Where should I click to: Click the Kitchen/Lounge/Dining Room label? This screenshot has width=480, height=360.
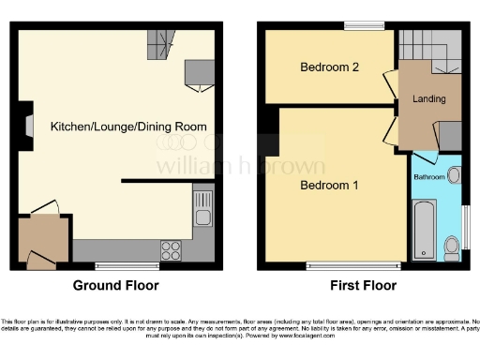pos(128,126)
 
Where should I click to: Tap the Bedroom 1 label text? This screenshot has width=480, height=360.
pos(329,186)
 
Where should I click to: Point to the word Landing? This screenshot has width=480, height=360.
pos(428,98)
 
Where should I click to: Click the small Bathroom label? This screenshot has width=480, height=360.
pos(429,176)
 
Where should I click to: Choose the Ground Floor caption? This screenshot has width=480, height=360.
pos(116,286)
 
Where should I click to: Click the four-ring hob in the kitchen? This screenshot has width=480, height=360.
pos(172,250)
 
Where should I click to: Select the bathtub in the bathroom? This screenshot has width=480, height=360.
pos(423,228)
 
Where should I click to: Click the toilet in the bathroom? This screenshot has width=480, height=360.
pos(451,246)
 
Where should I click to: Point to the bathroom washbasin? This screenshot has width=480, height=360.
pos(455,174)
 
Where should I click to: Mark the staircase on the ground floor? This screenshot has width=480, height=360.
pos(161,42)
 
